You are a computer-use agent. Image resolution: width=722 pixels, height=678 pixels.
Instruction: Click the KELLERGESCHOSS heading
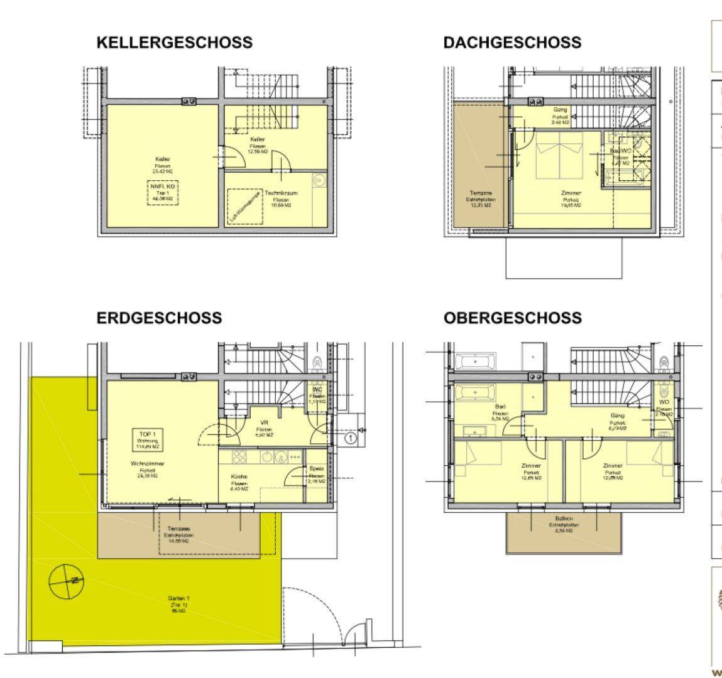tap(174, 43)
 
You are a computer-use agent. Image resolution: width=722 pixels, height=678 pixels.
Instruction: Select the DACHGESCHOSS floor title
tap(511, 43)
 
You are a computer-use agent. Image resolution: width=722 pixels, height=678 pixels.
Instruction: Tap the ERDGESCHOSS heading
tap(159, 318)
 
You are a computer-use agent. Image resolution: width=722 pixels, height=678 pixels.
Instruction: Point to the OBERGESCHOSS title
tap(512, 318)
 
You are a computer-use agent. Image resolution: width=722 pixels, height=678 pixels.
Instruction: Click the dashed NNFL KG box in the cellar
tap(161, 191)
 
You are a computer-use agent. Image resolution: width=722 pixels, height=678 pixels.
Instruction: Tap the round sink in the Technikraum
tap(319, 180)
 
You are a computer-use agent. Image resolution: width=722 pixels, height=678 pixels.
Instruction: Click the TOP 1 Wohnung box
tap(150, 439)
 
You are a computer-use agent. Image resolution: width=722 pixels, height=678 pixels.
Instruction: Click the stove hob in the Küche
tap(241, 456)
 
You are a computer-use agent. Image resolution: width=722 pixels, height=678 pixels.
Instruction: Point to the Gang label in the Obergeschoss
tap(618, 419)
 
